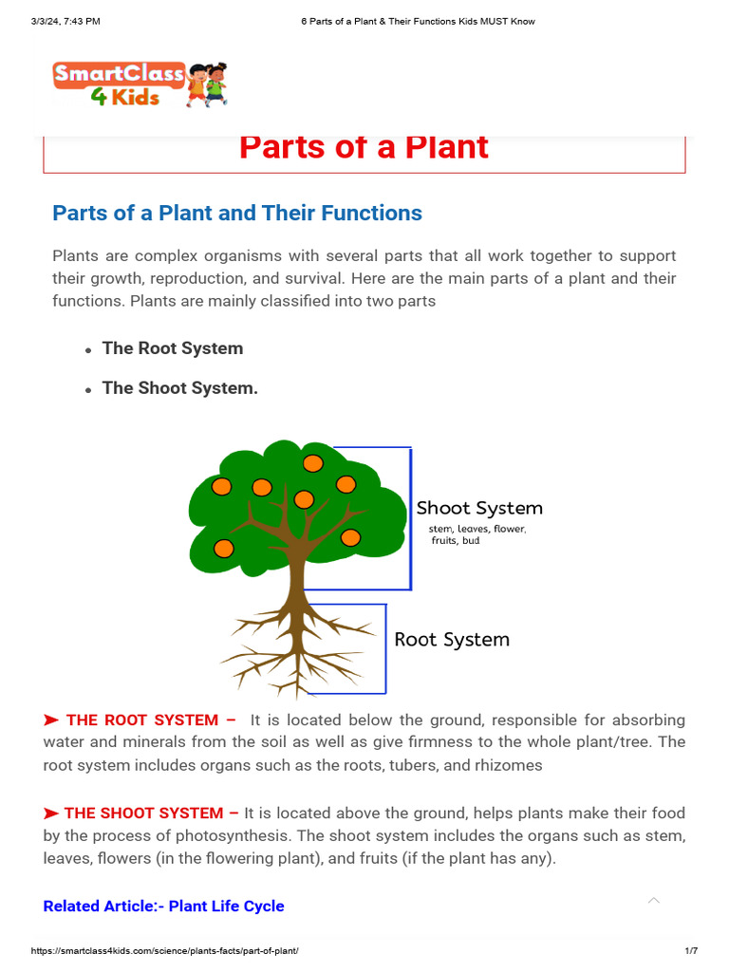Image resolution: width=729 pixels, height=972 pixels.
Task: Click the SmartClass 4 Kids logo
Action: [x=140, y=84]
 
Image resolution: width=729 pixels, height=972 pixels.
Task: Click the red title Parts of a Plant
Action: [x=364, y=147]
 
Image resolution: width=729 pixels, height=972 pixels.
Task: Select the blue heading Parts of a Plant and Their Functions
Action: [x=237, y=213]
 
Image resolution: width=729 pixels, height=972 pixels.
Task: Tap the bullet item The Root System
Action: [x=173, y=348]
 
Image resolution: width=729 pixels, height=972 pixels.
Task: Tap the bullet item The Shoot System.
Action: [x=180, y=388]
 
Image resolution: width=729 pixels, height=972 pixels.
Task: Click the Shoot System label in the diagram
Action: [x=479, y=509]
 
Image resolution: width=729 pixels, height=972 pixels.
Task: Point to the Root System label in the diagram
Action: [x=452, y=640]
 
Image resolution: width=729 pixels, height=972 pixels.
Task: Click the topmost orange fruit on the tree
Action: [x=312, y=463]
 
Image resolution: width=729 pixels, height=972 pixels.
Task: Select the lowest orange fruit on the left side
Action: [x=223, y=548]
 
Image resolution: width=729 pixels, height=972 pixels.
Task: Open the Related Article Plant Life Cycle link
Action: [x=163, y=907]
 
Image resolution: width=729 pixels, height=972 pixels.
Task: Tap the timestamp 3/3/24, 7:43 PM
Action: [x=65, y=21]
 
